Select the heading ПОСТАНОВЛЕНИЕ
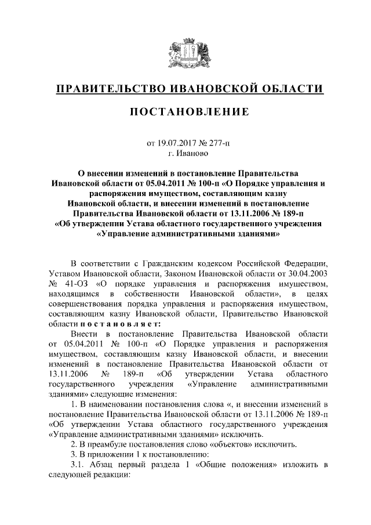(x=185, y=112)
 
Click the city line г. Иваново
(x=185, y=153)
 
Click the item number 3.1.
(x=78, y=466)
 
